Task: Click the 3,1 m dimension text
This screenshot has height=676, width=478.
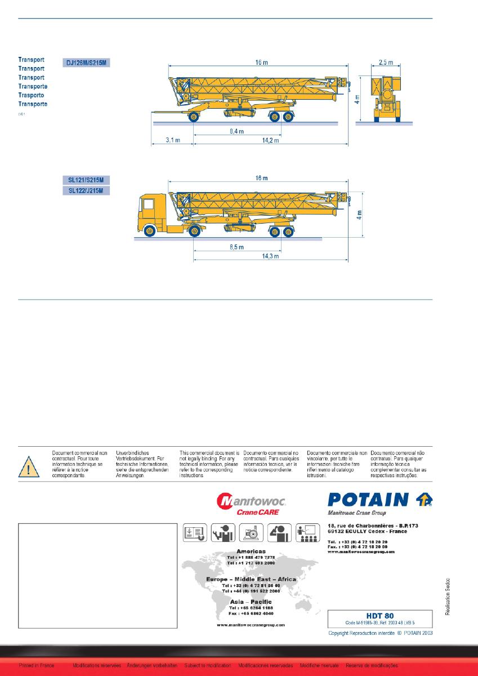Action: tap(172, 140)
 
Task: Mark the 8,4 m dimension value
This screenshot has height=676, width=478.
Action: tap(236, 131)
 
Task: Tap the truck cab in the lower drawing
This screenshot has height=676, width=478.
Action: tap(151, 214)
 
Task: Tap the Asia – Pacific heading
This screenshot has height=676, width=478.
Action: tap(252, 602)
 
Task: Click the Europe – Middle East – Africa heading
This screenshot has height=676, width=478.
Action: tap(252, 579)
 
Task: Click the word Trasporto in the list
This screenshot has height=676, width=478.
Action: tap(32, 95)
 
